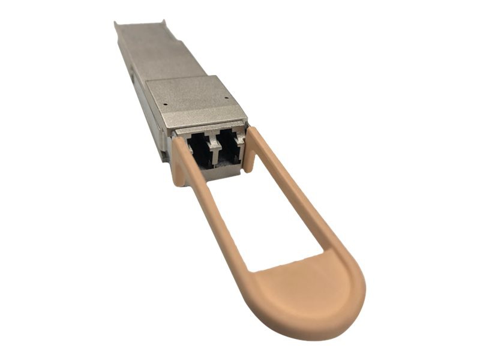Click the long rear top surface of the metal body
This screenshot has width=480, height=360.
pyautogui.click(x=150, y=54)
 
